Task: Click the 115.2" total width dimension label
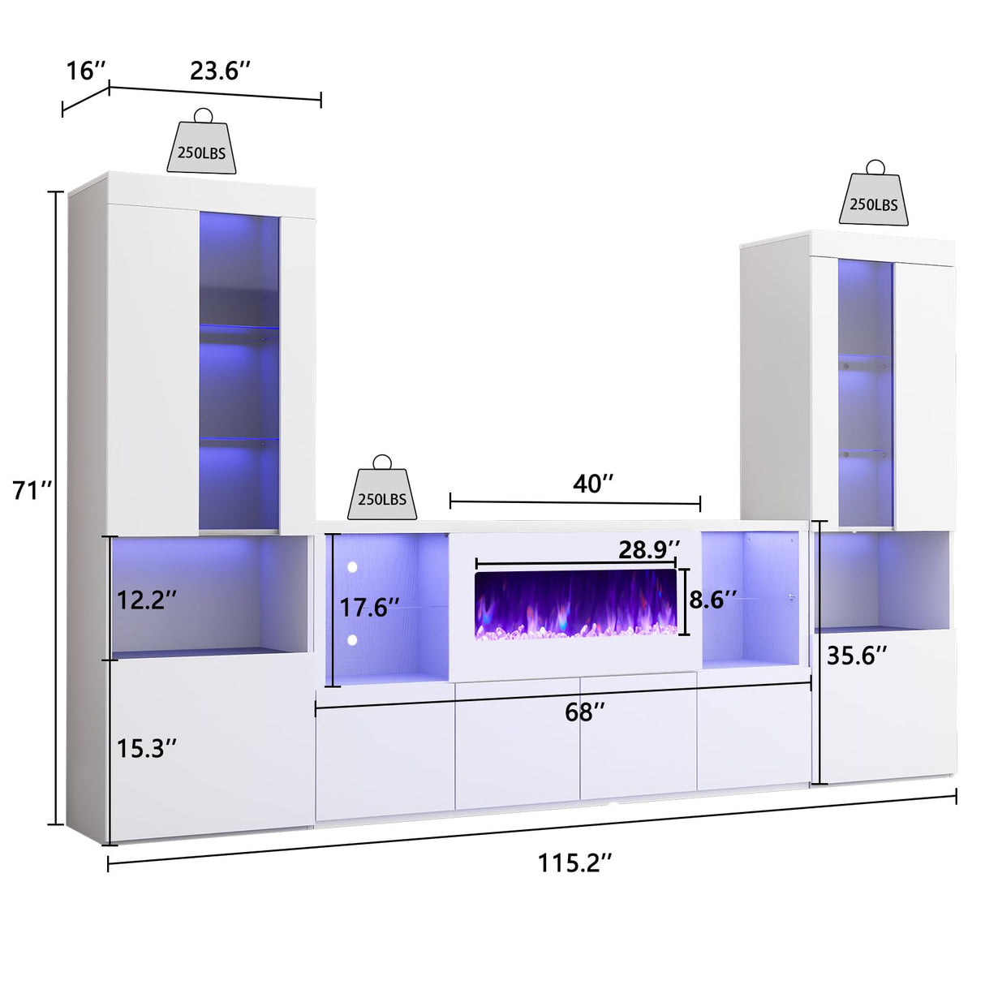coord(574,862)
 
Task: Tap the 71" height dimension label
coord(32,491)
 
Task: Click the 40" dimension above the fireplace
coord(593,484)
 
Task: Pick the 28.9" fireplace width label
coord(649,549)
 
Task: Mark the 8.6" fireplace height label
coord(713,600)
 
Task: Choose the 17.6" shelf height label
coord(369,607)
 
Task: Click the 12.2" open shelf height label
coord(147,600)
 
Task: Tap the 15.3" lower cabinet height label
coord(147,748)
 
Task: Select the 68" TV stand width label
coord(585,712)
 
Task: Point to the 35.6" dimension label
coord(857,655)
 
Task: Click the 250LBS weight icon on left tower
coord(202,144)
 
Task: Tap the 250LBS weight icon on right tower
coord(874,196)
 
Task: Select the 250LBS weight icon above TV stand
coord(382,492)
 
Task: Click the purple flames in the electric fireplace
coord(575,604)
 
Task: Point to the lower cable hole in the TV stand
coord(352,640)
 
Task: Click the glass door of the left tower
coord(239,373)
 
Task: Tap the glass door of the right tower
coord(865,394)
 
